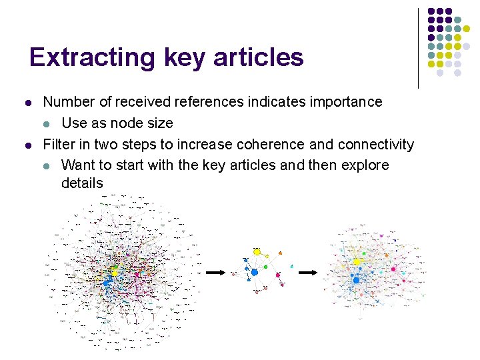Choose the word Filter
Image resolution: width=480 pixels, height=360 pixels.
[59, 144]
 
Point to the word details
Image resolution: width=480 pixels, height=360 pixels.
[82, 183]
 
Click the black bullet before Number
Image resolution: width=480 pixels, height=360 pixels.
[27, 103]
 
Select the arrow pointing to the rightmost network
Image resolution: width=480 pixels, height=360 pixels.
[307, 272]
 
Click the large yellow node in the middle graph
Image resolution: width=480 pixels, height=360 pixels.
[257, 252]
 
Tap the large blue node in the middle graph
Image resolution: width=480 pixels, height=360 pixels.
[254, 272]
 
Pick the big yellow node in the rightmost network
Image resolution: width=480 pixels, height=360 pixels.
[357, 262]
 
